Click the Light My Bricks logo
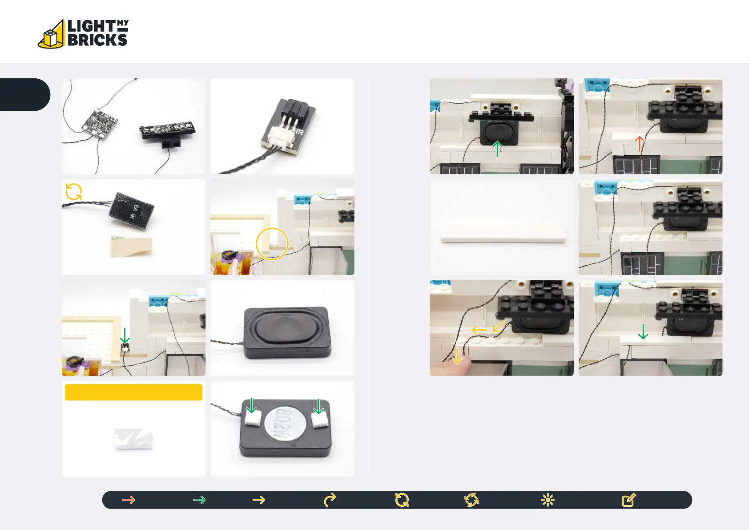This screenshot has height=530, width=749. coord(84,34)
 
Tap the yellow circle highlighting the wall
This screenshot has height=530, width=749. coord(272,244)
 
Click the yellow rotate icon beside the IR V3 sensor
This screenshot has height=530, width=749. coord(74,192)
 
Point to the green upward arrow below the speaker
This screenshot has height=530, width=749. coord(497,149)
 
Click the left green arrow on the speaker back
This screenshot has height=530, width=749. coord(252,406)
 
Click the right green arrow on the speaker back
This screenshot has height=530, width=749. coord(319,406)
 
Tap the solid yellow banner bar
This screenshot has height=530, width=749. coord(133,392)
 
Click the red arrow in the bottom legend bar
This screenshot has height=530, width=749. coord(129,500)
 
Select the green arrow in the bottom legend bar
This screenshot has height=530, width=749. coord(199,500)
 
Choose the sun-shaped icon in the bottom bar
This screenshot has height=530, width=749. coord(548,500)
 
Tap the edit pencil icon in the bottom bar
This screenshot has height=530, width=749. coord(628,500)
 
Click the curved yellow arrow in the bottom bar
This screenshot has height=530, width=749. coord(330,500)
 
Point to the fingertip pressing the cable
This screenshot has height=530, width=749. coord(451,368)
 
